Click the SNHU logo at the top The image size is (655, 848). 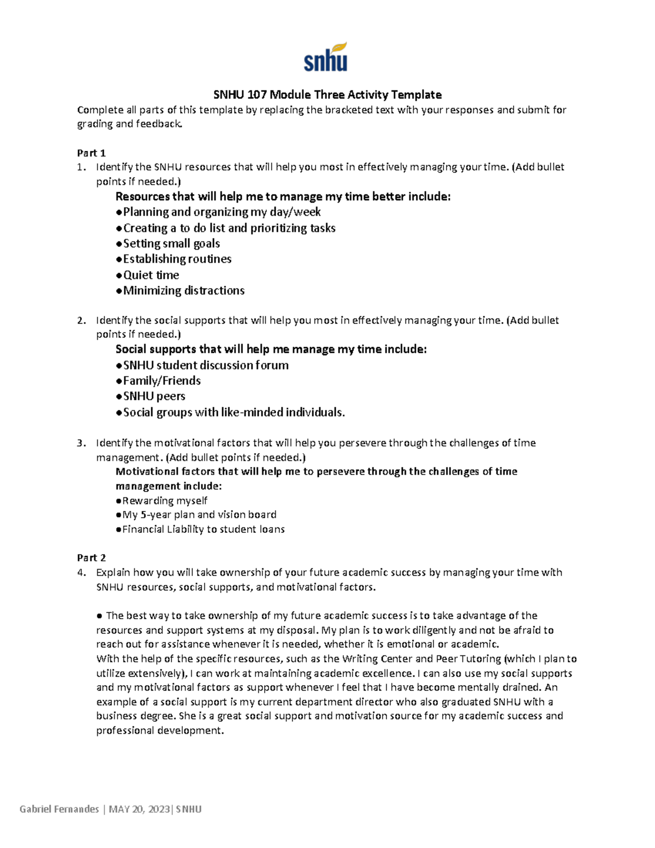[325, 57]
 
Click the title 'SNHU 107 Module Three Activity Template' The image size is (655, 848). [327, 94]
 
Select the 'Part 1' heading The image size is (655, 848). [91, 153]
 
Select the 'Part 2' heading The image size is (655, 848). [91, 558]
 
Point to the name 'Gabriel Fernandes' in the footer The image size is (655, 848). [59, 809]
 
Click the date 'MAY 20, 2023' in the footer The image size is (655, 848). [139, 809]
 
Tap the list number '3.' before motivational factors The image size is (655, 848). [81, 443]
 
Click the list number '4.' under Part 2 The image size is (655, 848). [81, 573]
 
